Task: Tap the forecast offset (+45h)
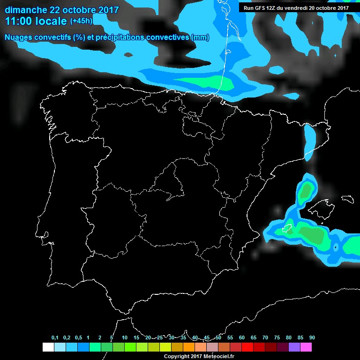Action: tap(81, 21)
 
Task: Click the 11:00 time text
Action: tap(19, 21)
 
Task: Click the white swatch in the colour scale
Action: tap(48, 347)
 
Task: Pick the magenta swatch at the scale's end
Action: tap(306, 347)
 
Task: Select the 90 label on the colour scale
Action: tap(312, 338)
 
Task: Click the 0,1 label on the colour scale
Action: tap(55, 338)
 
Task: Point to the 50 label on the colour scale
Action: tap(218, 338)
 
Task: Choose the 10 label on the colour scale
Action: tap(125, 338)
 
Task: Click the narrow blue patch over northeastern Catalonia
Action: tap(309, 141)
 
